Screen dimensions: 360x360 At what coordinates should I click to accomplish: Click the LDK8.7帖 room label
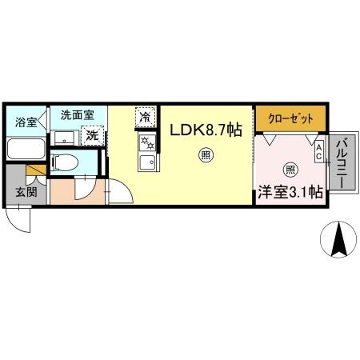[206, 130]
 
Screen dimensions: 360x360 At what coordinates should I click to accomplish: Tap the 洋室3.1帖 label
[290, 192]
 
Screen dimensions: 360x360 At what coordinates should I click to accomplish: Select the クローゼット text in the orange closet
[290, 118]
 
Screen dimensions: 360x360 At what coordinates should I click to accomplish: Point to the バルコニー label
[342, 162]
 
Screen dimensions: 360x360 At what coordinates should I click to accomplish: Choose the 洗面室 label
[78, 115]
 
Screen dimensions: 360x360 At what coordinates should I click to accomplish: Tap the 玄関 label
[26, 192]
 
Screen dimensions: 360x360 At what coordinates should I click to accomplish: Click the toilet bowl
[65, 162]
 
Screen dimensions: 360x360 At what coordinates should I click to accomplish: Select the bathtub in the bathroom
[26, 149]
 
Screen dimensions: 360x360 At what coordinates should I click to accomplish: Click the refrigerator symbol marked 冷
[146, 117]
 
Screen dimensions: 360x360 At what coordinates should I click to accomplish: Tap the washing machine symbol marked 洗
[92, 136]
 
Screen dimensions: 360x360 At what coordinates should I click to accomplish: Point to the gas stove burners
[147, 143]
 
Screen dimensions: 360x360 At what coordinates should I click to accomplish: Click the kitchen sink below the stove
[148, 162]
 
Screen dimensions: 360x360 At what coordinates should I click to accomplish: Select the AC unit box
[318, 151]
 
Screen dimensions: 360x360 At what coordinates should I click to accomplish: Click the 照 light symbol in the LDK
[206, 155]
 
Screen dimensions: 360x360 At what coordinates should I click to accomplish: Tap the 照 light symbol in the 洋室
[290, 170]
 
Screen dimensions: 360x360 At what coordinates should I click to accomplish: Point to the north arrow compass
[338, 239]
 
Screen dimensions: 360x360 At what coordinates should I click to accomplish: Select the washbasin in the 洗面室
[65, 138]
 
